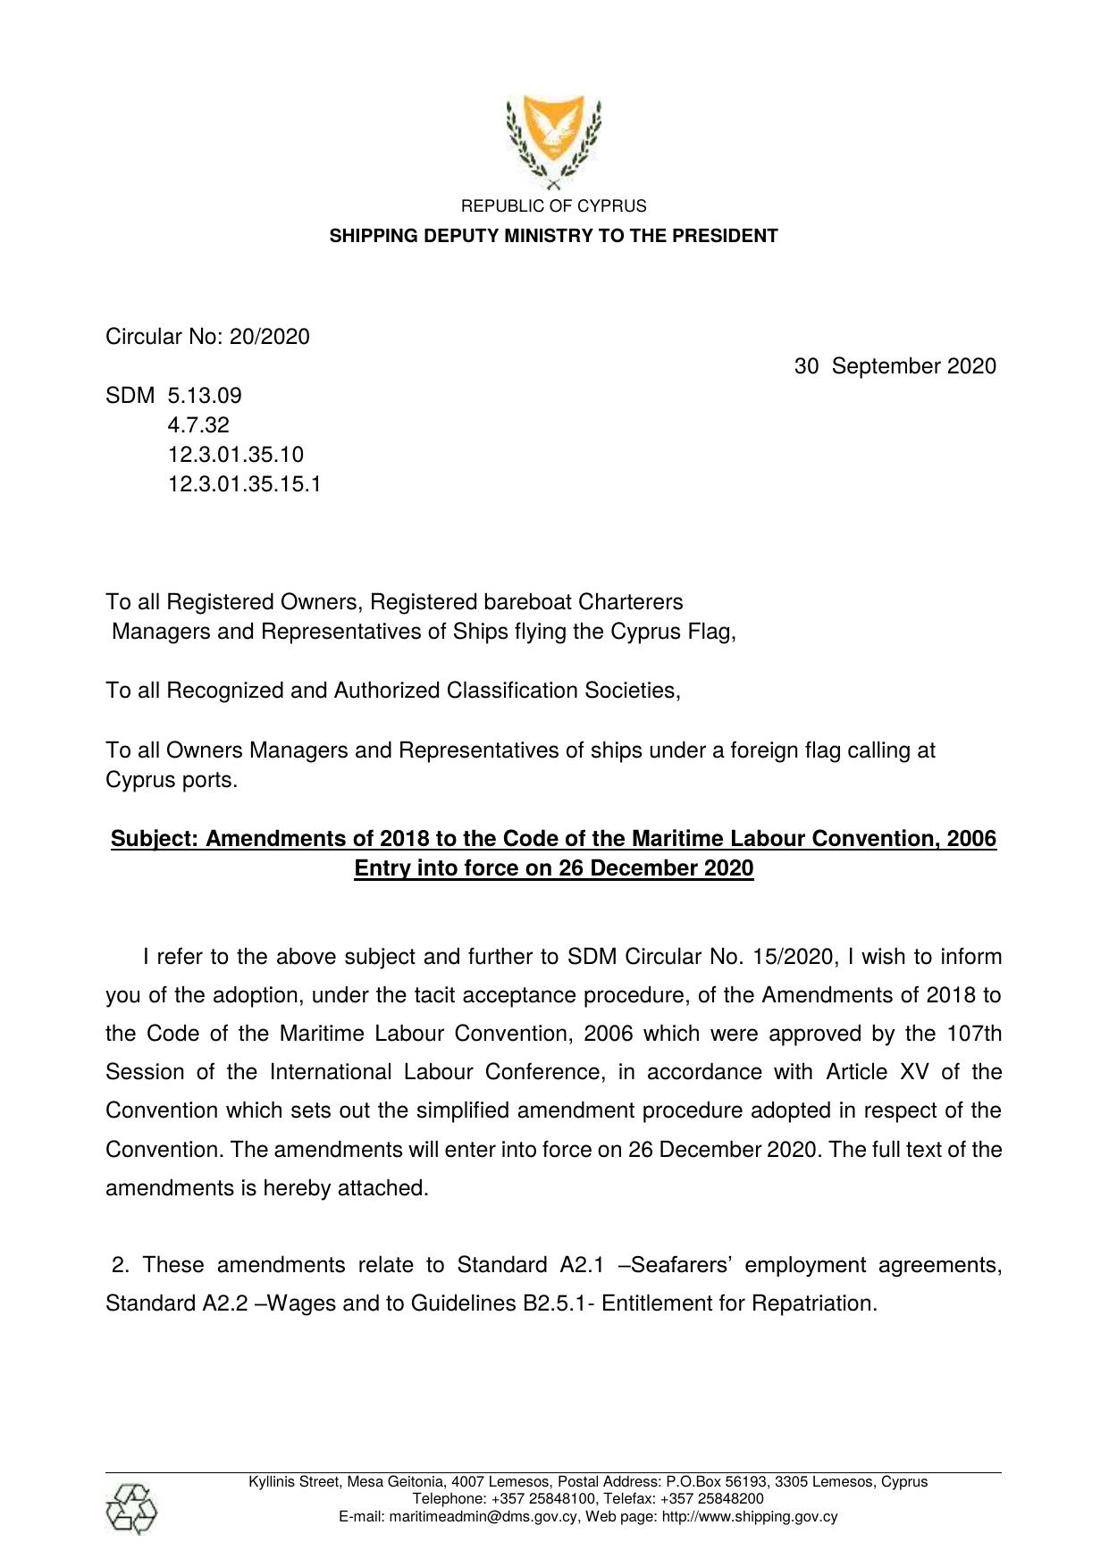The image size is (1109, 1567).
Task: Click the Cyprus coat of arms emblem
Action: click(553, 141)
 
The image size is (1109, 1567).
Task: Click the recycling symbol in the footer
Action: click(131, 1509)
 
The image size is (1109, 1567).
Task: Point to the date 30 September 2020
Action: click(895, 366)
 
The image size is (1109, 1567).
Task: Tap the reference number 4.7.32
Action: click(198, 425)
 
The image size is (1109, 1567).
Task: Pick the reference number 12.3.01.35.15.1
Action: click(244, 484)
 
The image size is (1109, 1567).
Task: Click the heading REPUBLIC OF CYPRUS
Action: click(553, 206)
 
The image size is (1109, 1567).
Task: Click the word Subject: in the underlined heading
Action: click(155, 839)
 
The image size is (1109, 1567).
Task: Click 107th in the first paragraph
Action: click(973, 1034)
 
